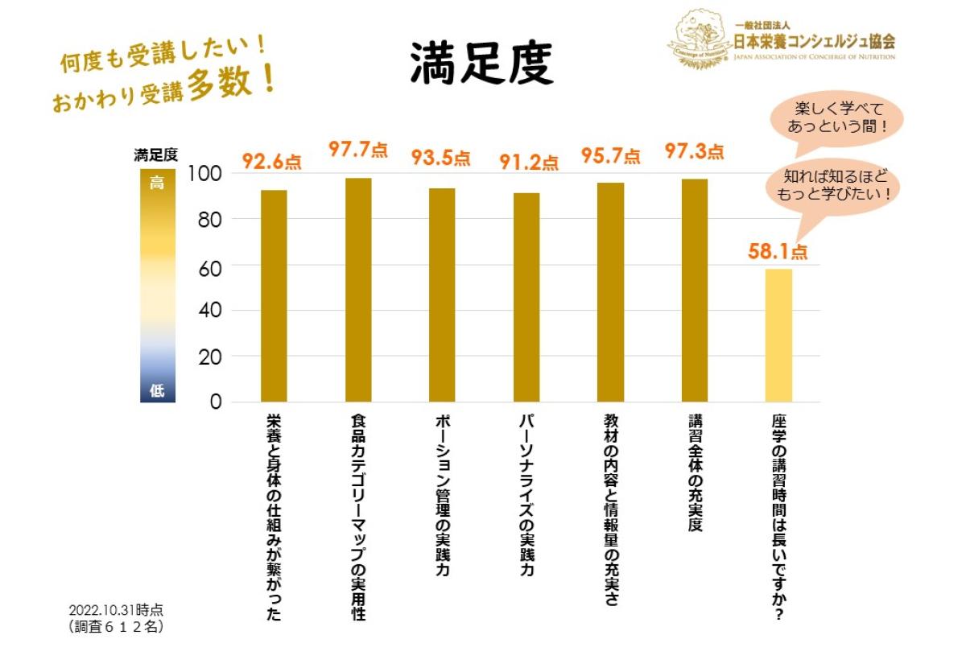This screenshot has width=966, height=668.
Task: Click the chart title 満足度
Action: tap(481, 64)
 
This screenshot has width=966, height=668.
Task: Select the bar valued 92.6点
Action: tap(274, 295)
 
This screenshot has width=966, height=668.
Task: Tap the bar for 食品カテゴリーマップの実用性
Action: tap(358, 290)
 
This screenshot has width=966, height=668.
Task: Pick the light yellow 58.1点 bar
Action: tap(778, 335)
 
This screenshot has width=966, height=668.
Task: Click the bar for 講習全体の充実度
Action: tap(694, 291)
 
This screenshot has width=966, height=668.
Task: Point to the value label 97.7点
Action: tap(357, 150)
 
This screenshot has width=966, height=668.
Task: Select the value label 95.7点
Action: tap(611, 155)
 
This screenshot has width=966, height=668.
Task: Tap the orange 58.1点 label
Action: tap(778, 251)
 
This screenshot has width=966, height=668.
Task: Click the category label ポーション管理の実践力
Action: tap(442, 496)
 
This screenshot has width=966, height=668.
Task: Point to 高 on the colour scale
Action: tap(157, 183)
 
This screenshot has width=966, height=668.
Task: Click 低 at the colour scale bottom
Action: tap(157, 391)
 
